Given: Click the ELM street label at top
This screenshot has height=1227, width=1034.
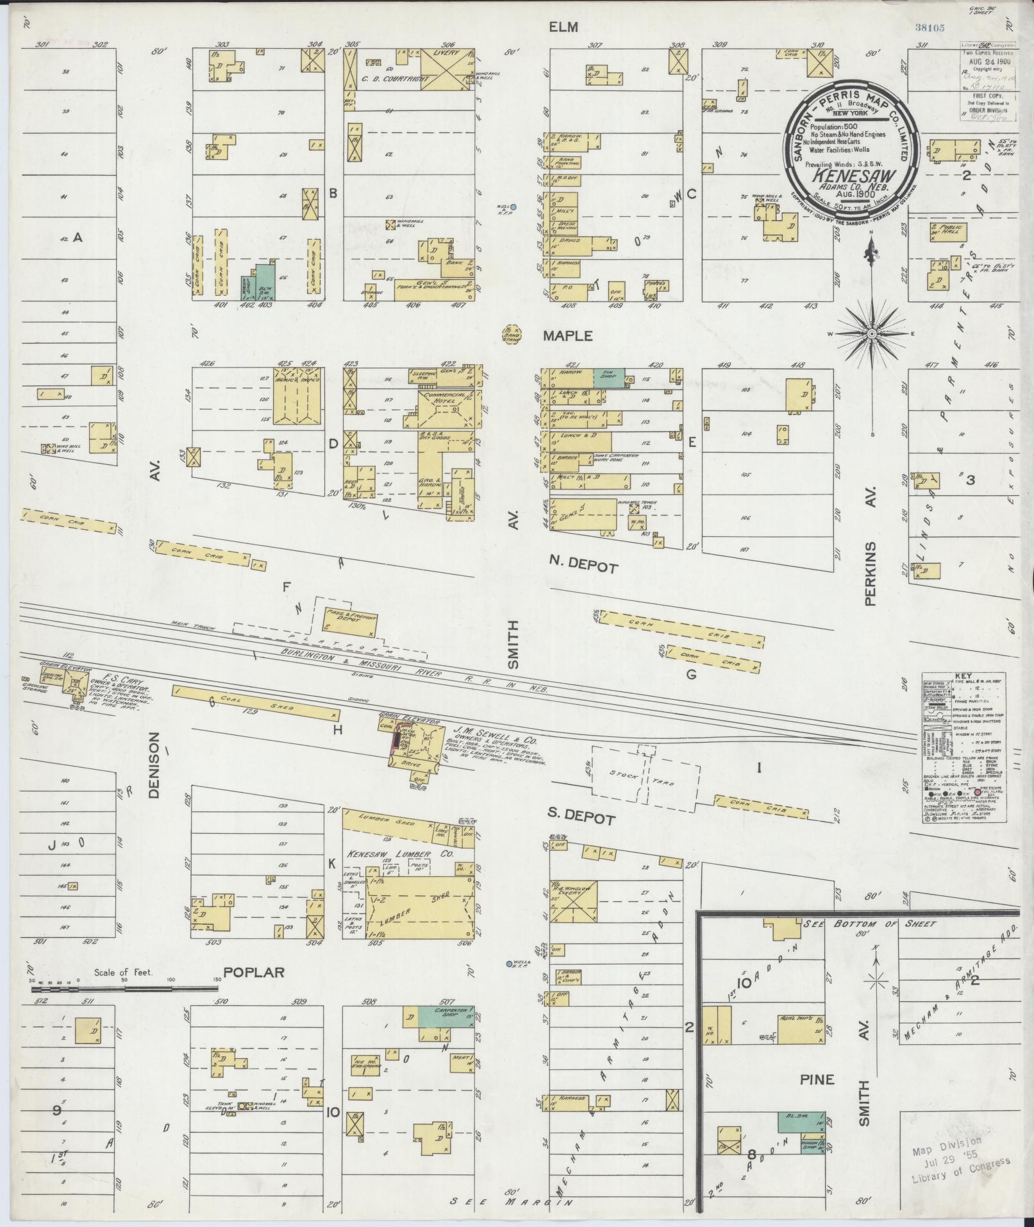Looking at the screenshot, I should pyautogui.click(x=563, y=27).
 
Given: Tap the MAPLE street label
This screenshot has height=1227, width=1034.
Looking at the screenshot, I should pyautogui.click(x=568, y=335).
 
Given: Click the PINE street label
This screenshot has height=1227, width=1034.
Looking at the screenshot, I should pyautogui.click(x=817, y=1080).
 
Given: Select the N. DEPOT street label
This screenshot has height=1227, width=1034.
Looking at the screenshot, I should pyautogui.click(x=583, y=567).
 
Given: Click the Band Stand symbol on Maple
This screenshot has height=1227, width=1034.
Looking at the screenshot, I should pyautogui.click(x=511, y=334).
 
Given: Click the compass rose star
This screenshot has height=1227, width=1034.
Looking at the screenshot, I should pyautogui.click(x=872, y=335).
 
